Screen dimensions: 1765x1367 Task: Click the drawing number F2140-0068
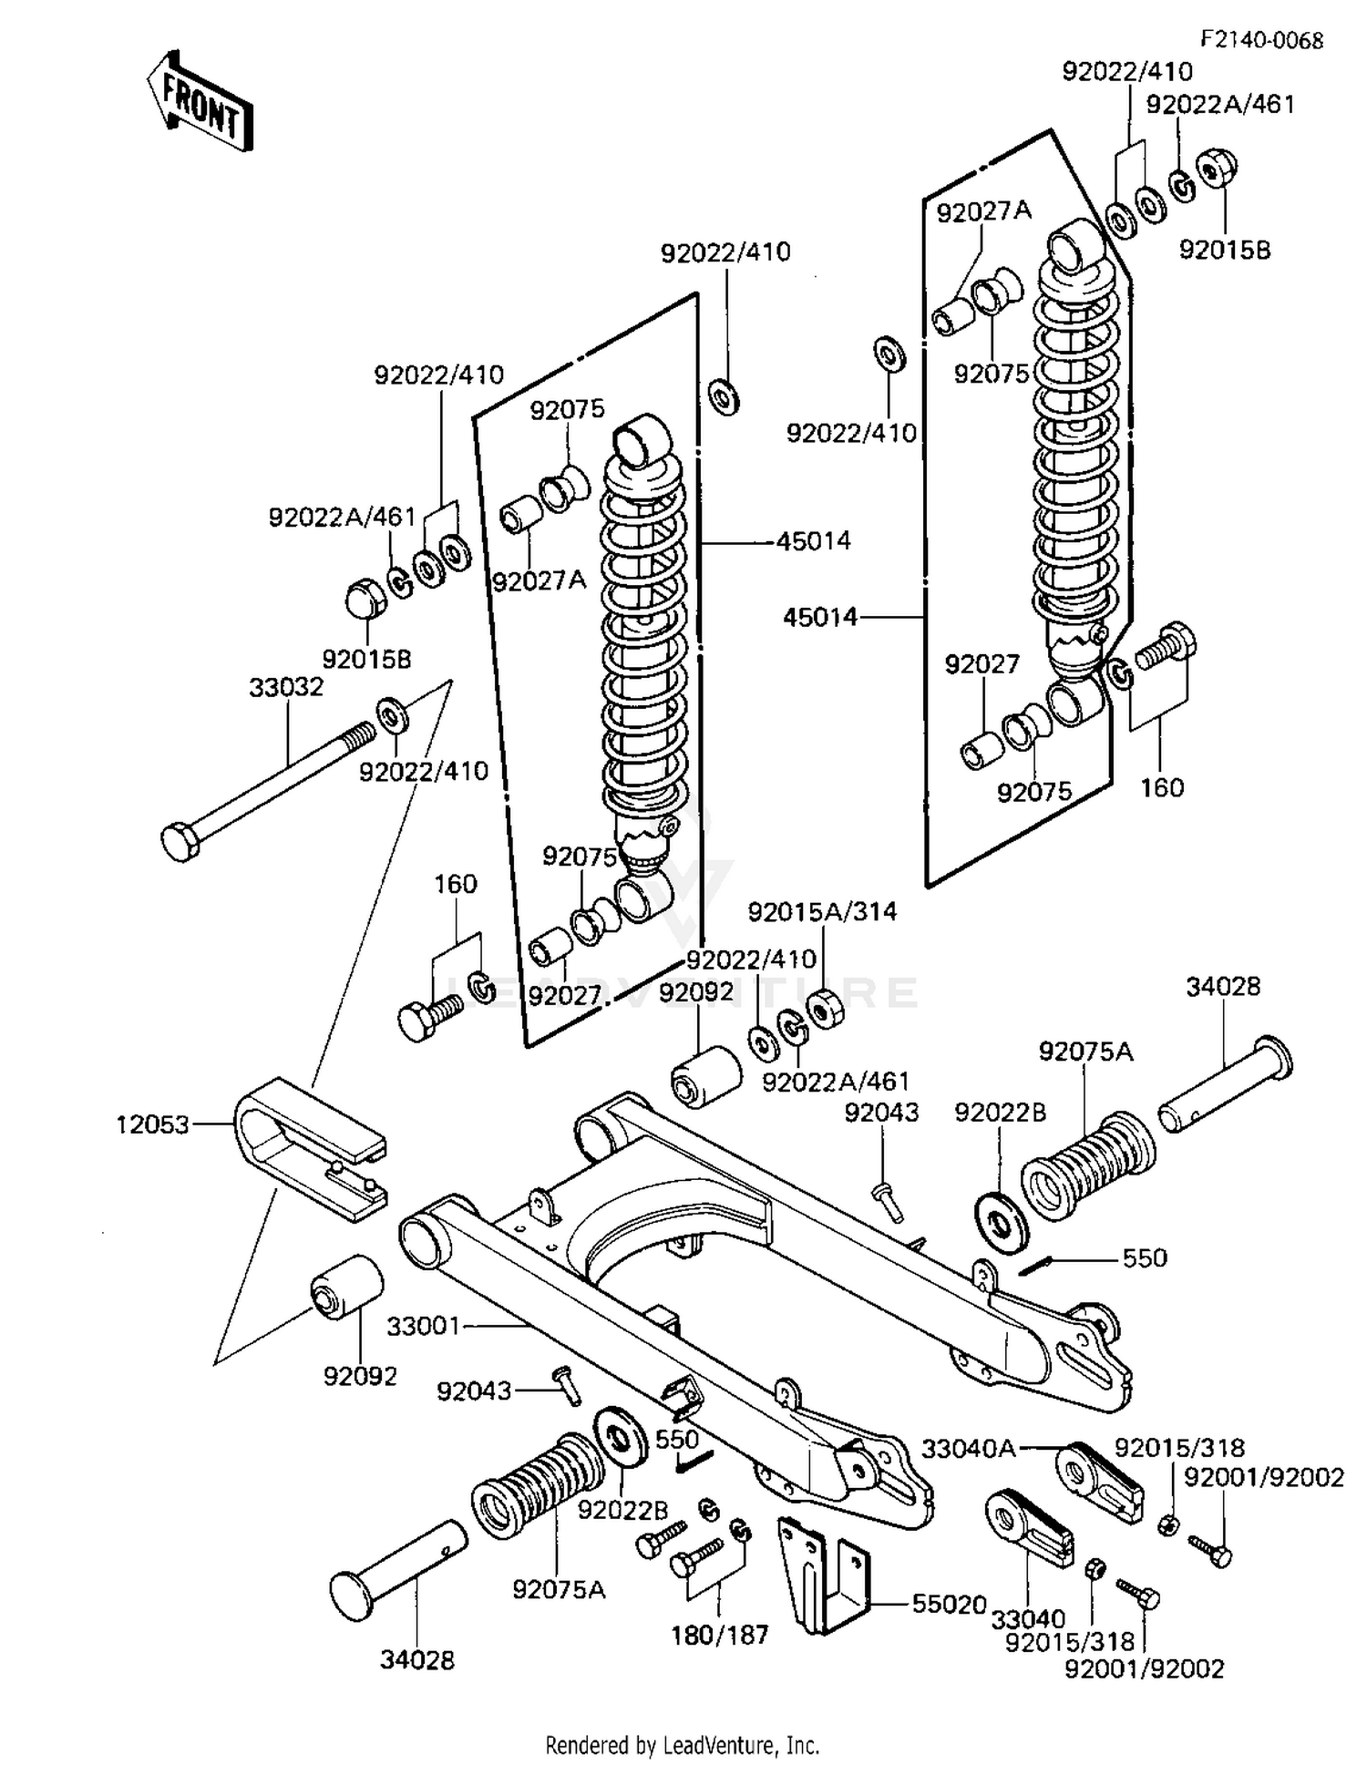tap(1261, 40)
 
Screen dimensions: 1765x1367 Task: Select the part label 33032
tap(286, 687)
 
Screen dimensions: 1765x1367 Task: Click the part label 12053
tap(152, 1124)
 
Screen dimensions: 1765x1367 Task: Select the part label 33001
tap(423, 1326)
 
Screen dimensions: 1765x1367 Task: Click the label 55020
tap(950, 1604)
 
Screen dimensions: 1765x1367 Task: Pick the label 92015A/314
tap(822, 911)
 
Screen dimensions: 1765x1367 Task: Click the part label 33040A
tap(968, 1448)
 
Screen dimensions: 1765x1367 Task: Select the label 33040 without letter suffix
tap(1028, 1618)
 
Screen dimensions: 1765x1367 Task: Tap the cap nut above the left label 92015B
tap(367, 599)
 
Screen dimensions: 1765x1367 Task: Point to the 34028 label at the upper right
tap(1223, 986)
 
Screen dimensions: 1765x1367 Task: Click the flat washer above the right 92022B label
tap(1002, 1222)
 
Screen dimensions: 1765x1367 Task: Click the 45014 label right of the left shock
tap(813, 541)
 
